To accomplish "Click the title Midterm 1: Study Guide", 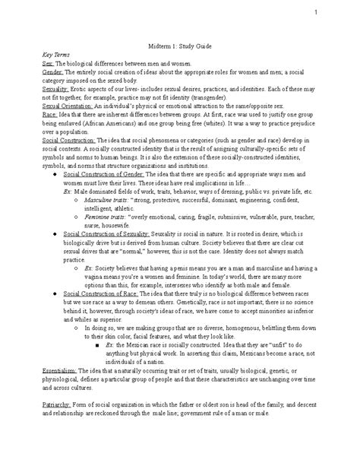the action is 176,45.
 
